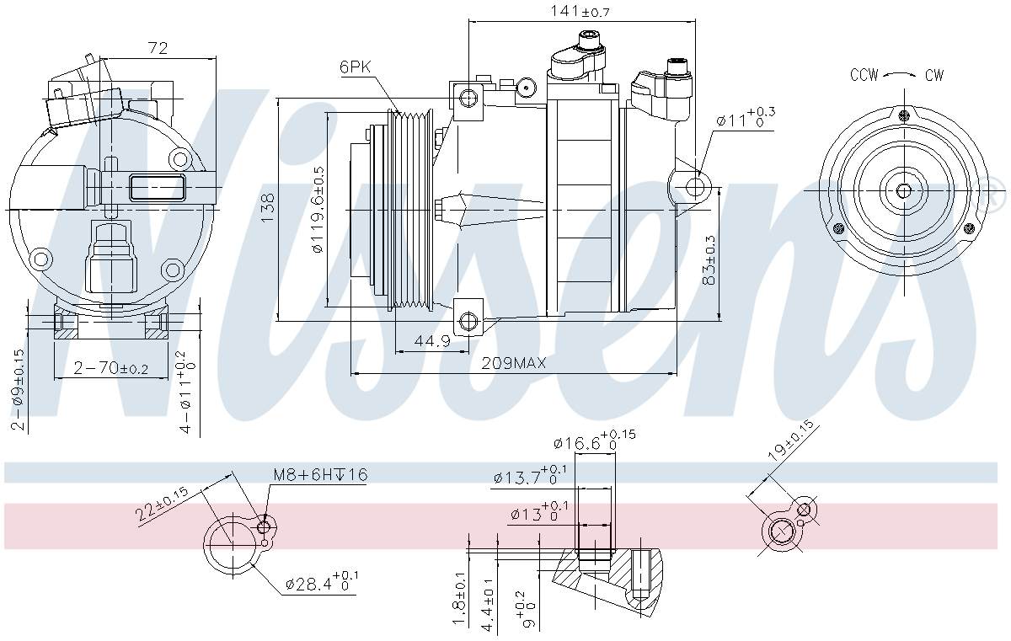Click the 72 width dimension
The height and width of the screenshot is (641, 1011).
(x=158, y=49)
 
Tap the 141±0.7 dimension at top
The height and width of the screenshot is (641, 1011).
(x=579, y=11)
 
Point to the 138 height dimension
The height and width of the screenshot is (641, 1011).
(x=268, y=209)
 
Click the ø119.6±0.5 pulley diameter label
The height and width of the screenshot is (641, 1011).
(x=318, y=210)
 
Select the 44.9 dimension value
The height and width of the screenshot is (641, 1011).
(x=432, y=341)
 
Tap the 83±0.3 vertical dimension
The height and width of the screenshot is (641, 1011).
(x=710, y=258)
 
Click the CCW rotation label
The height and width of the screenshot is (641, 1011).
(x=864, y=75)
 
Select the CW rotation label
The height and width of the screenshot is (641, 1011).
(x=933, y=75)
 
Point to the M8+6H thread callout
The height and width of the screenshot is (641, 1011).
(x=319, y=475)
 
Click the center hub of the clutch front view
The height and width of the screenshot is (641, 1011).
(x=903, y=190)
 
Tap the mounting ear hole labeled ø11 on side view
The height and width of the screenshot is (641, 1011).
(x=693, y=184)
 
